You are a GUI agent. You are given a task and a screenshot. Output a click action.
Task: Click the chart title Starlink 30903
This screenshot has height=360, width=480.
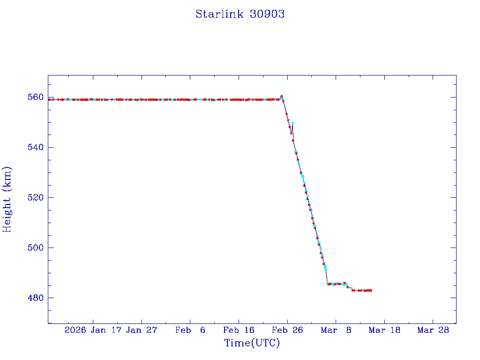240,14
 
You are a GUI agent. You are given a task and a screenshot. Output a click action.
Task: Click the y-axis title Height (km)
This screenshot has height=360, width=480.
7,199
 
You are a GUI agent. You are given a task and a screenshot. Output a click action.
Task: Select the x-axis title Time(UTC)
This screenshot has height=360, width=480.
252,343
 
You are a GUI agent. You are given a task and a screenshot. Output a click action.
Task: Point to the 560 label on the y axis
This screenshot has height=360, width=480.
36,97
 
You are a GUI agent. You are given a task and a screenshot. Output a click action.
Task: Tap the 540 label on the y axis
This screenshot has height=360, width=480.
36,148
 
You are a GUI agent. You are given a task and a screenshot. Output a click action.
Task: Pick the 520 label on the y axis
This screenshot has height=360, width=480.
36,198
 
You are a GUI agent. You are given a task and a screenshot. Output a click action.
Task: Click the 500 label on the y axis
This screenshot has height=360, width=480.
36,248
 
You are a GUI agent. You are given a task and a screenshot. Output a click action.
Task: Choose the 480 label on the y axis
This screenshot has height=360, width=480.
36,298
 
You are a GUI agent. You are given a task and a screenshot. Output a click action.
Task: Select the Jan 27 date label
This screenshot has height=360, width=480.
142,330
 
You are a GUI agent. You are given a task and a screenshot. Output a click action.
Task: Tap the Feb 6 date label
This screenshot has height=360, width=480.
190,330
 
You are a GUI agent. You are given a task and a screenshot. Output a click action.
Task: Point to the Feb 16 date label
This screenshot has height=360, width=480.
239,330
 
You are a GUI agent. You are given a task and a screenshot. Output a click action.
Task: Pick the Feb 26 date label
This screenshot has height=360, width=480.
287,330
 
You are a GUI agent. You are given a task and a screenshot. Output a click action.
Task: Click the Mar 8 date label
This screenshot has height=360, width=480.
336,330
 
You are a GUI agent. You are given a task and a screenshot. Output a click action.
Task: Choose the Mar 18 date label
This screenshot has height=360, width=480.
384,330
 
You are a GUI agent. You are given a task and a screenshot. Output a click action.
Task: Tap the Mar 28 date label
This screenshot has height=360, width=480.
433,330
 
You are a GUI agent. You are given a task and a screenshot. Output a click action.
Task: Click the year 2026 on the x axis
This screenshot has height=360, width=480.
75,330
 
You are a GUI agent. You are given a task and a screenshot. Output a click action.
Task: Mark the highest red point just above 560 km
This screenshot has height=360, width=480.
281,96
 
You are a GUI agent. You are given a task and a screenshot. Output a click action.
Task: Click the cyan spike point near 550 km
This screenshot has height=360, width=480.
292,123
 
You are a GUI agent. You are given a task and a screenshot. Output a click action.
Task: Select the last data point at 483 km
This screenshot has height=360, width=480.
371,291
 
